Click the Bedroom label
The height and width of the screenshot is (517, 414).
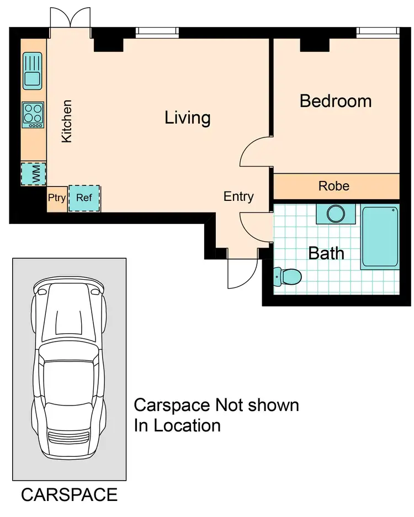336,101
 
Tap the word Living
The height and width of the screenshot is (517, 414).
188,118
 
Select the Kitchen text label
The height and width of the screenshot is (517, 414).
67,121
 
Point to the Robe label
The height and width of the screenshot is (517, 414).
334,186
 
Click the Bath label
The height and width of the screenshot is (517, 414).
326,253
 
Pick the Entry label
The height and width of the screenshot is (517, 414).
238,196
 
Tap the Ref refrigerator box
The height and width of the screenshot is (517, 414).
84,198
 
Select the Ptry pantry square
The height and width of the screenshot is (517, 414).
57,198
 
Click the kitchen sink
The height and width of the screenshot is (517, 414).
32,71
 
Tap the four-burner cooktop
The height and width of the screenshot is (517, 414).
33,115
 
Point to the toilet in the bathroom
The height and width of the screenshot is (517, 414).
287,275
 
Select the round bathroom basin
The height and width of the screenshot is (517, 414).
335,213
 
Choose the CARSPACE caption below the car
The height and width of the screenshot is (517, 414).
69,494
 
